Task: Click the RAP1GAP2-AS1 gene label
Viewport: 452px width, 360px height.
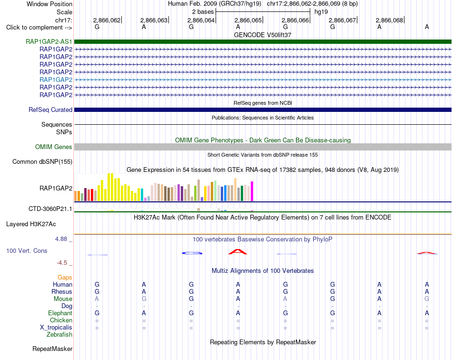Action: [49, 41]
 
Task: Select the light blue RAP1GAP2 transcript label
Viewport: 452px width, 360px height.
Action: [56, 80]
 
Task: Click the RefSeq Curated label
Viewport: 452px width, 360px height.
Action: [50, 110]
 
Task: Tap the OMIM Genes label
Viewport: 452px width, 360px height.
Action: [54, 147]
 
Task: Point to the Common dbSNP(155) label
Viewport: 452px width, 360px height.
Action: [42, 161]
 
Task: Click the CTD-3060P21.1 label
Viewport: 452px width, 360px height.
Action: [50, 209]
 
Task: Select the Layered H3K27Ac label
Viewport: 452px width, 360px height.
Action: [31, 224]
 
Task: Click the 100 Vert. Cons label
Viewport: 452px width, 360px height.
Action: [27, 250]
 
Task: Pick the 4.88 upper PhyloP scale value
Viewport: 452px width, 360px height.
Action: [61, 239]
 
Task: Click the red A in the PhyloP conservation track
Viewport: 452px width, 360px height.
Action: [238, 251]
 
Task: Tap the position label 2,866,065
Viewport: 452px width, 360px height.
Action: [248, 20]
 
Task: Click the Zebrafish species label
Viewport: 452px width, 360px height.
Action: [59, 335]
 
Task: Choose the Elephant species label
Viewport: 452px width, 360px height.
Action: [60, 313]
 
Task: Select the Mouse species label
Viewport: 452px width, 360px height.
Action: [63, 299]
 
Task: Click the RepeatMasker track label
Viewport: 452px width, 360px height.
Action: [52, 349]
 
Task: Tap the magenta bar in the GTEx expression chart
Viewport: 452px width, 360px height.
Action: [252, 191]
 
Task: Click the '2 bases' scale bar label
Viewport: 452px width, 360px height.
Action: [203, 12]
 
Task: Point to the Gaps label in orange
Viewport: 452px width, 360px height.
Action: [65, 278]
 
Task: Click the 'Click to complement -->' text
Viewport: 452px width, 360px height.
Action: [39, 28]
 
